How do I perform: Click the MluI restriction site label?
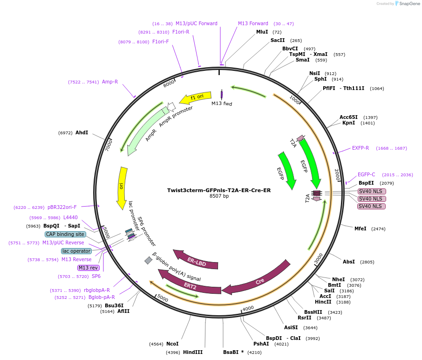262,32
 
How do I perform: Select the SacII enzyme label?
278,41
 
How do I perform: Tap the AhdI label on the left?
82,133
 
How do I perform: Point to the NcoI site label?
172,344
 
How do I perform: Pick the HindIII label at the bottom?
193,353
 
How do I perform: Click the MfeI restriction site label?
361,229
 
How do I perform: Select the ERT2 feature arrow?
191,285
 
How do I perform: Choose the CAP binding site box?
66,235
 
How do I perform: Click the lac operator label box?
76,251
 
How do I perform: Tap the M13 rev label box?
88,268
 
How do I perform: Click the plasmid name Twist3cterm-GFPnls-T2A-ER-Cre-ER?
219,190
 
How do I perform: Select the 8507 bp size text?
219,196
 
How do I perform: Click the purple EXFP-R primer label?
361,148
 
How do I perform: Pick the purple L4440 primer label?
70,218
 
